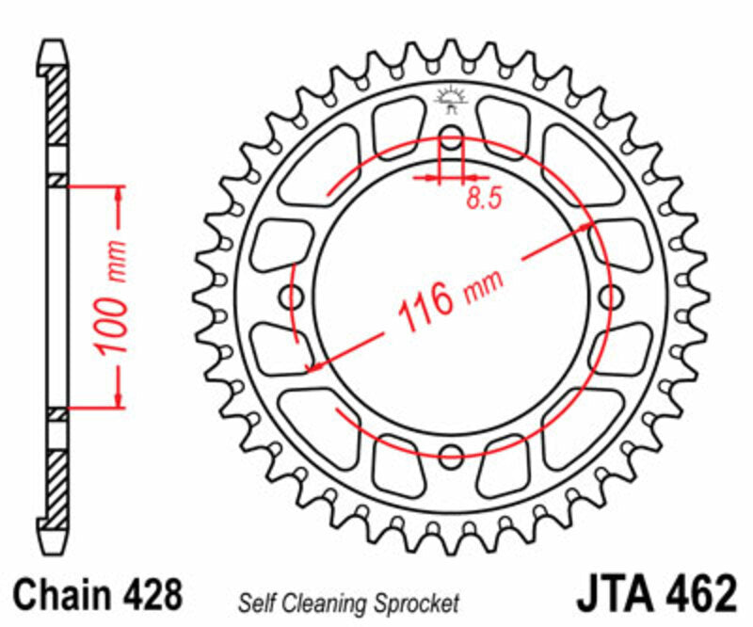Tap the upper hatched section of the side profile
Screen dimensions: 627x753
click(x=57, y=104)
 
